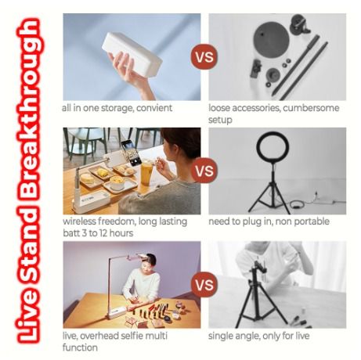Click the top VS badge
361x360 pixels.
tap(204, 56)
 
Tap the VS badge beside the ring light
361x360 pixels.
tap(204, 171)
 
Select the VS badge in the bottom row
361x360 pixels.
tap(204, 284)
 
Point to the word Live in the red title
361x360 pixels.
tap(28, 316)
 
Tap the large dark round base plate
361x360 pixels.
tap(272, 40)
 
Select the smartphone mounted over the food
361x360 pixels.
tap(131, 153)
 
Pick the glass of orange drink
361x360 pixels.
tap(147, 174)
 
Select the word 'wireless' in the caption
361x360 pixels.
tap(79, 221)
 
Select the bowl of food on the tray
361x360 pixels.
tap(117, 182)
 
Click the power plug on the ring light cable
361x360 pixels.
tap(316, 194)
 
